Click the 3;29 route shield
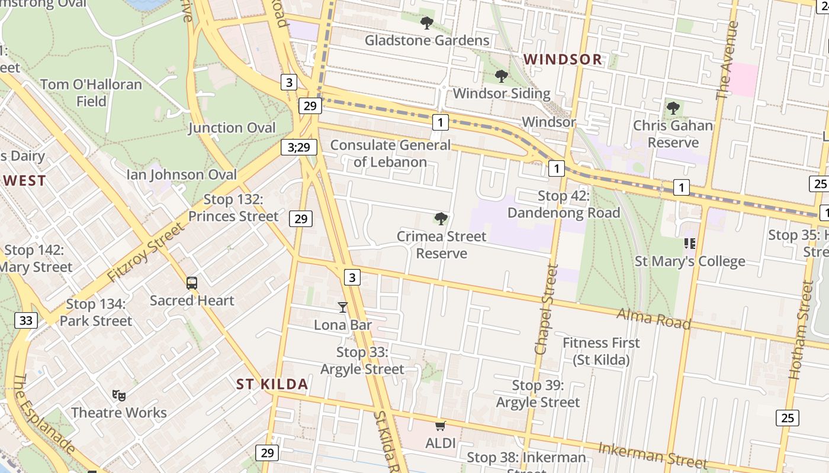click(299, 147)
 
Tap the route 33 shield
click(25, 320)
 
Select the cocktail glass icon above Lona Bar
click(343, 307)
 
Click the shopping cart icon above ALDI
click(440, 426)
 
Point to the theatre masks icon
click(118, 394)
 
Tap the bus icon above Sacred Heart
click(192, 283)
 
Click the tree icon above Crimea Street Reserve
click(441, 219)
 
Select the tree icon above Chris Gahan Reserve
click(673, 108)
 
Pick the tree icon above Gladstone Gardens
click(426, 23)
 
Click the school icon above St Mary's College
click(689, 243)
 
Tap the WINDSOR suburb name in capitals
click(563, 59)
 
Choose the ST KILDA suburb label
click(272, 384)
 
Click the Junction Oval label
click(232, 128)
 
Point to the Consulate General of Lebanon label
click(390, 153)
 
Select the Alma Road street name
click(654, 318)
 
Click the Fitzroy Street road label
click(146, 252)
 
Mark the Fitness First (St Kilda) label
click(601, 351)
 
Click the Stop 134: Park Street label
click(96, 312)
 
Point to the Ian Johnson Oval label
click(182, 174)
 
